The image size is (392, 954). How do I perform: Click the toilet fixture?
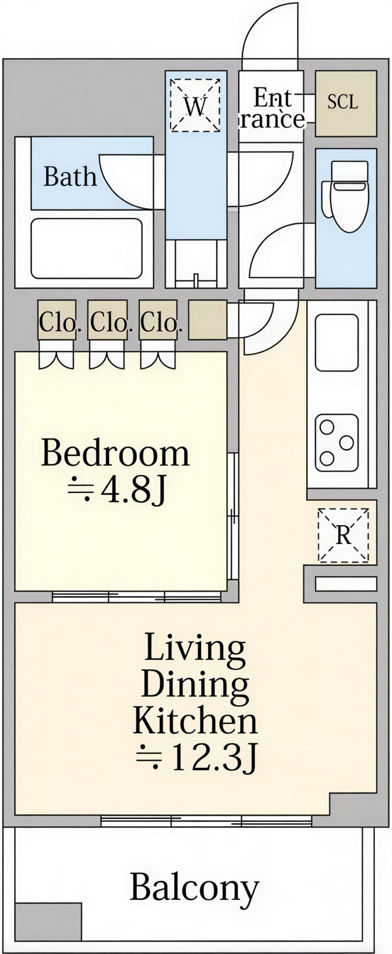(x=345, y=190)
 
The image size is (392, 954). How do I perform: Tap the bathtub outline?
(x=86, y=249)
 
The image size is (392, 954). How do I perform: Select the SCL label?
(x=342, y=102)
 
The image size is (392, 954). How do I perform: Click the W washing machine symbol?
(x=195, y=105)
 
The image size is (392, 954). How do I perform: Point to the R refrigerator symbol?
(x=343, y=534)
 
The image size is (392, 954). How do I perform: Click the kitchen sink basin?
(x=336, y=342)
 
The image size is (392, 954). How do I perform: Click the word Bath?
(x=70, y=176)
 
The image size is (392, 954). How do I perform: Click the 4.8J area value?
(x=116, y=490)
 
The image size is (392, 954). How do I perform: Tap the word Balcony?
(x=194, y=888)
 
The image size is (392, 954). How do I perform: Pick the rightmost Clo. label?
(x=160, y=323)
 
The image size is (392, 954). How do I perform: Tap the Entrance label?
(x=273, y=108)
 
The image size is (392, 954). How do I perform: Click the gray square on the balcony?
(x=48, y=921)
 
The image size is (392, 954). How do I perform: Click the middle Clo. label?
(x=109, y=323)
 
